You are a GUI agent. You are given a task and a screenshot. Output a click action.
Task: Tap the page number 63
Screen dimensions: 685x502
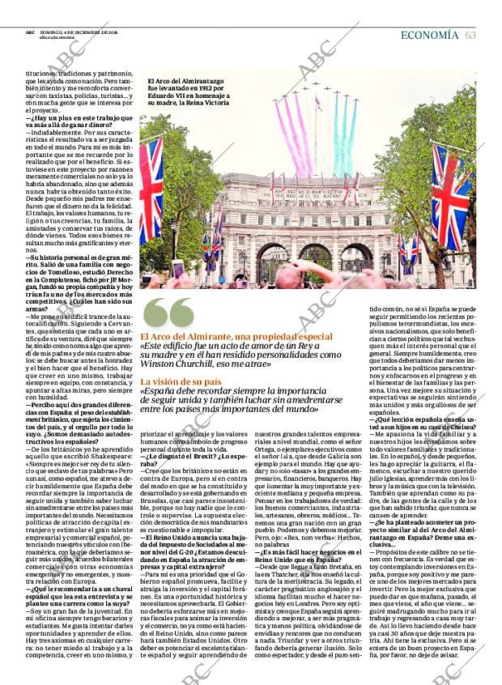[470, 35]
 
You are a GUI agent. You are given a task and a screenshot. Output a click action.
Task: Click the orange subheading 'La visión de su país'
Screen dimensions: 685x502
[179, 381]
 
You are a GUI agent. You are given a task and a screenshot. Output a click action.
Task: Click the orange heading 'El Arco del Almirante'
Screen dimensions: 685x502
[190, 337]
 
